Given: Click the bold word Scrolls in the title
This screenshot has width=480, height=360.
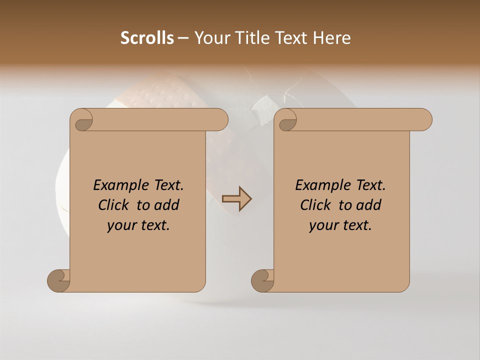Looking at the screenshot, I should (x=147, y=37).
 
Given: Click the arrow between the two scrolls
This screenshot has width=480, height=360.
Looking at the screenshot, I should (x=236, y=198).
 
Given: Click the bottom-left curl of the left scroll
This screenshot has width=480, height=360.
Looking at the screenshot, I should (x=58, y=280).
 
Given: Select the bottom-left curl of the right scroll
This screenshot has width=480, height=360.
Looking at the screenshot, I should (x=262, y=280).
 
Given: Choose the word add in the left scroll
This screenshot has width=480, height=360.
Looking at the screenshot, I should (x=166, y=205).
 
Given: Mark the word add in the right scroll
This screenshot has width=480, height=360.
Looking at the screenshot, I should (x=368, y=205).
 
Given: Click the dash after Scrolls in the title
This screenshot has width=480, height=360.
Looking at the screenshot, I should (x=183, y=38).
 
